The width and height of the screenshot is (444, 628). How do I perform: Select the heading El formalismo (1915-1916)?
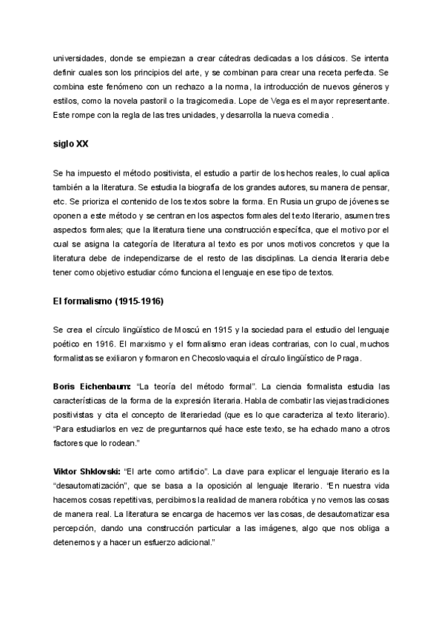coord(108,301)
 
